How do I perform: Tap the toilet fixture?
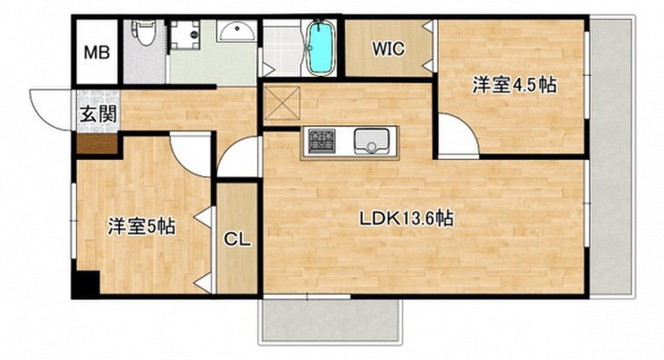pos(144,33)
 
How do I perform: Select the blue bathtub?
pos(319,48)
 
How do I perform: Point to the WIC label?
pos(388,48)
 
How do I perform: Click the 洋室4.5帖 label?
pos(514,86)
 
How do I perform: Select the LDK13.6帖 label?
pos(407,218)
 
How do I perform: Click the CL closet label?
pos(237,239)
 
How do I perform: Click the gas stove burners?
pos(321,141)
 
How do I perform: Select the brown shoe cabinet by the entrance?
pos(97,143)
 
